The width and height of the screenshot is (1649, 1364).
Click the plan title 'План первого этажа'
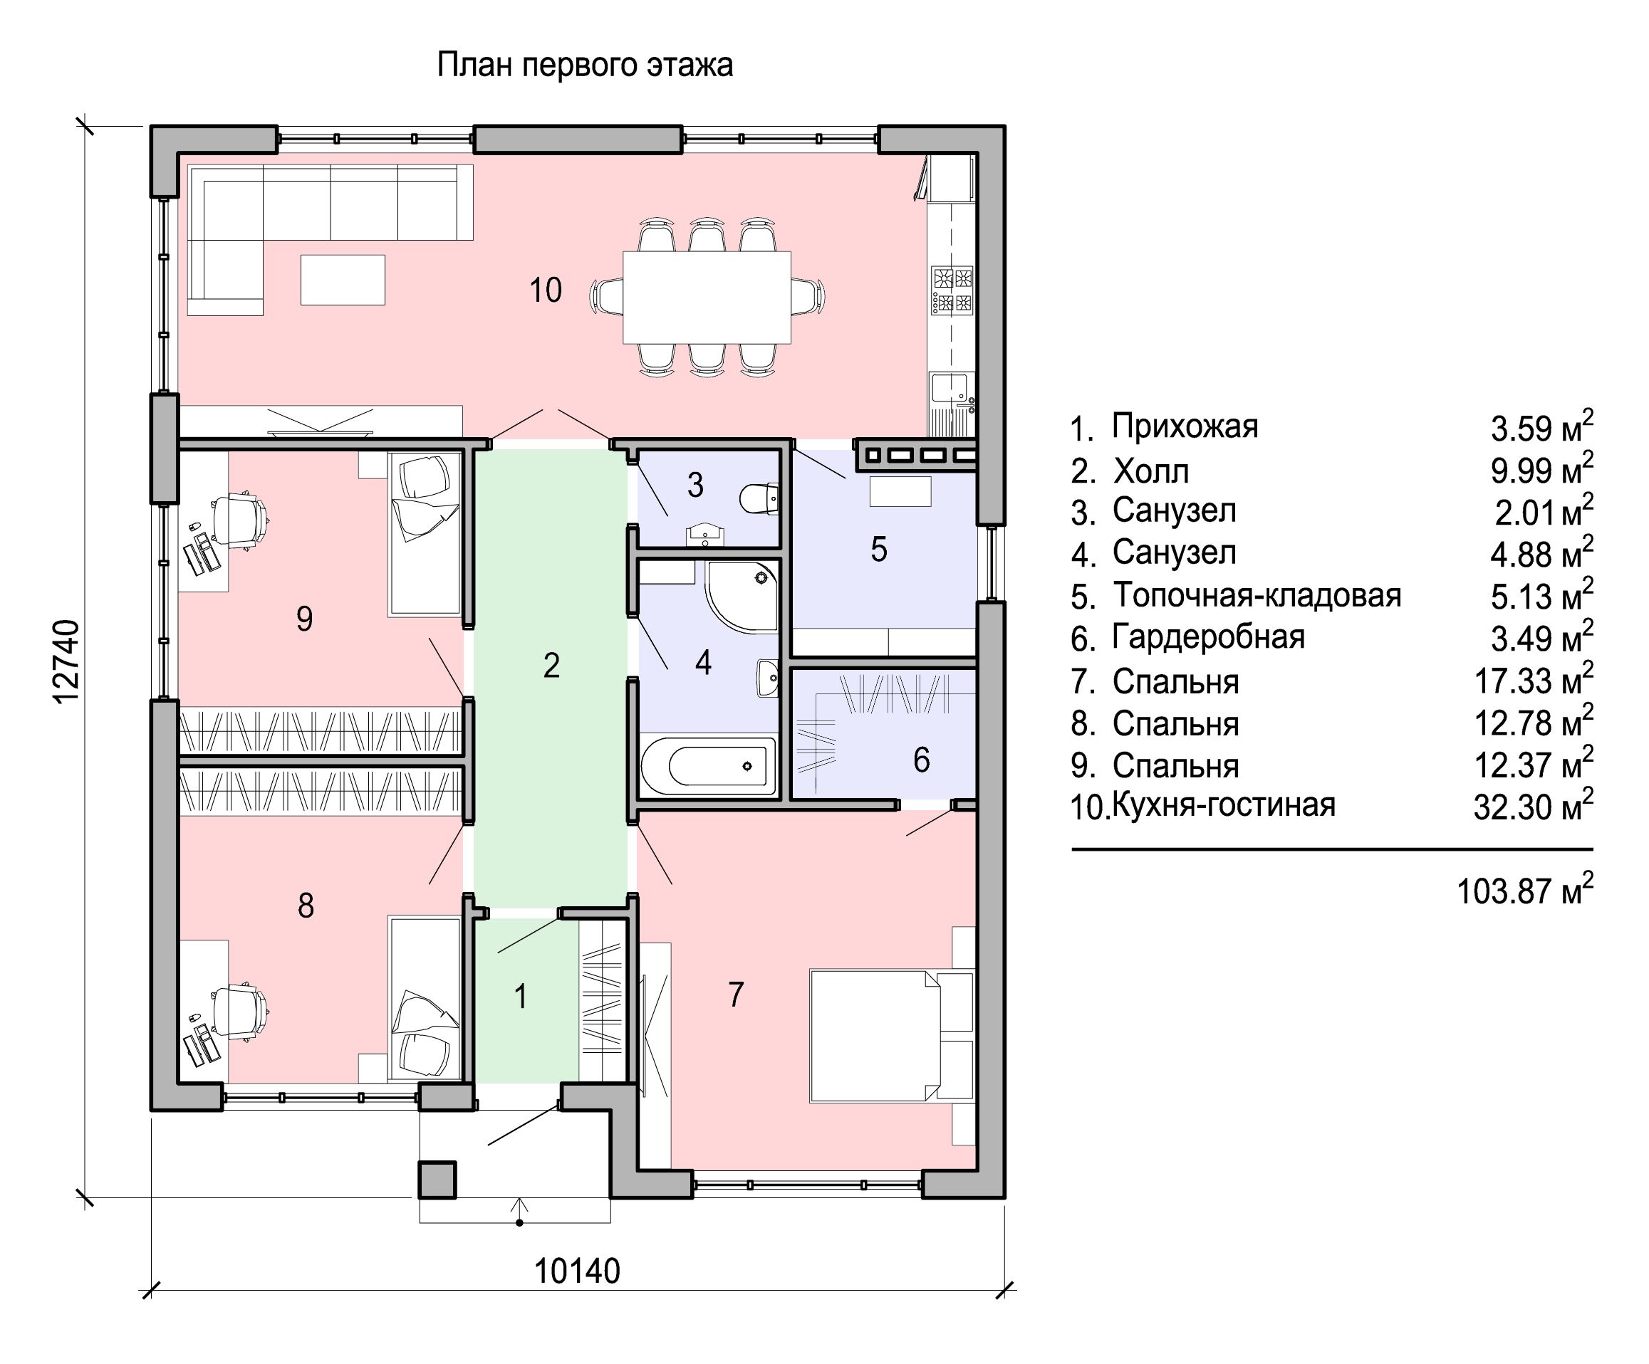pos(584,65)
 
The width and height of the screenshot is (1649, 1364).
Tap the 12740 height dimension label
pos(67,661)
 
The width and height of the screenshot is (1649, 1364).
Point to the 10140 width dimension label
pos(577,1271)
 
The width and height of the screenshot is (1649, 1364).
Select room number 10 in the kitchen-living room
pos(545,290)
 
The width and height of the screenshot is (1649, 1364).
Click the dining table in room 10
pos(707,297)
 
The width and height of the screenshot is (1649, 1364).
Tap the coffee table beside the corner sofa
pos(343,279)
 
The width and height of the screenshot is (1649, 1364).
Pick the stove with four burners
pos(952,290)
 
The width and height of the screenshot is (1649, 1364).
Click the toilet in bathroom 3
pos(759,498)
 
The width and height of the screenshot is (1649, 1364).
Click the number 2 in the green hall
pos(551,666)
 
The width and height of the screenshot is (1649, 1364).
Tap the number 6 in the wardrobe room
pos(921,760)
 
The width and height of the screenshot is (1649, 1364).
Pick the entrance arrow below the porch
pos(519,1212)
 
